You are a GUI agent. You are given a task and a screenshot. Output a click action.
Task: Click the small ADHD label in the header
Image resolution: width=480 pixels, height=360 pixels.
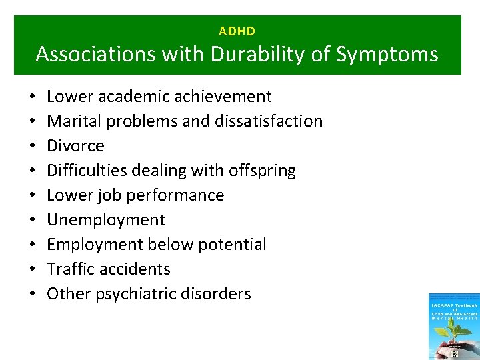pyautogui.click(x=237, y=31)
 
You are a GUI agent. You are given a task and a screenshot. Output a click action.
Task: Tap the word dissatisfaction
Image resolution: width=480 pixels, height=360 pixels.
pyautogui.click(x=264, y=121)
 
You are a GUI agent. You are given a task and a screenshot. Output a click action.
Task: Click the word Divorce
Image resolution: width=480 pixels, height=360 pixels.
pyautogui.click(x=75, y=146)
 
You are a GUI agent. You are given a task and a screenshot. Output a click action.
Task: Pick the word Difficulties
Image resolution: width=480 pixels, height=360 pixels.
pyautogui.click(x=85, y=171)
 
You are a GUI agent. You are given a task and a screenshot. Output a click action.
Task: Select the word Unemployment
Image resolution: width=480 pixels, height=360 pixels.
pyautogui.click(x=105, y=220)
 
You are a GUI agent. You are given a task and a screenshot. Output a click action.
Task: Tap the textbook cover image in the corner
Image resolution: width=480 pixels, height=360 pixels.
pyautogui.click(x=454, y=327)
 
